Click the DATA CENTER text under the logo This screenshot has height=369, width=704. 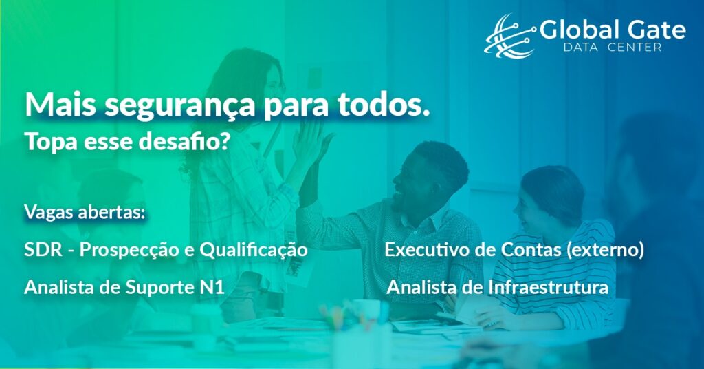[x=613, y=48]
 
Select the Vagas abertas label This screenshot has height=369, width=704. [x=85, y=212]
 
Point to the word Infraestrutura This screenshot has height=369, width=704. [x=548, y=287]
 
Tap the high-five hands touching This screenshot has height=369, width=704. [x=311, y=144]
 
